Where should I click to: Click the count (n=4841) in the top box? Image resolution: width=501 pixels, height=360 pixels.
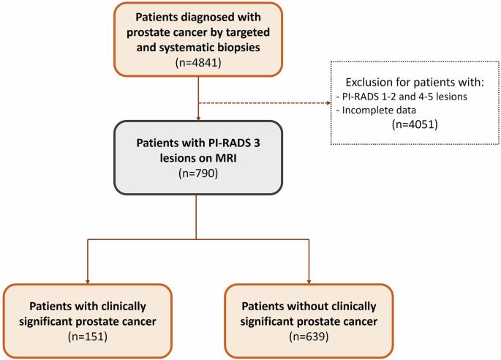[198, 62]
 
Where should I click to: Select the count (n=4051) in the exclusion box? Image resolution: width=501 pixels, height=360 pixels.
[415, 124]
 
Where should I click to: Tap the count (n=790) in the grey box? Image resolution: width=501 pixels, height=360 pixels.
[198, 173]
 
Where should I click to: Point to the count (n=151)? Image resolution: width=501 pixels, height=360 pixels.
[88, 337]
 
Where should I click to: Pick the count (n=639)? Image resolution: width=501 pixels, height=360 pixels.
[309, 337]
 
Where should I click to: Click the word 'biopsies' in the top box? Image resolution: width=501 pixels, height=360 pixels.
[238, 48]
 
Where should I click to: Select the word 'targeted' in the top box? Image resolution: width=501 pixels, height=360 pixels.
[248, 32]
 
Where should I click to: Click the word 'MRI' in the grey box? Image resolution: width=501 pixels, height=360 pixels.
[226, 158]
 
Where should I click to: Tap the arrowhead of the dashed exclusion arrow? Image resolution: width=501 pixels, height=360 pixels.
[328, 103]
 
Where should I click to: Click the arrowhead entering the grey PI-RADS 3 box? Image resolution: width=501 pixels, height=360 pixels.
[198, 119]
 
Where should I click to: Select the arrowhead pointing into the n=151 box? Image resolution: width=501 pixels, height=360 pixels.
[88, 282]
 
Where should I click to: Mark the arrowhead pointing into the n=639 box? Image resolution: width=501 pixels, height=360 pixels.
[309, 282]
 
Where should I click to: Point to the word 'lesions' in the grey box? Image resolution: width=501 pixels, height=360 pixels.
[178, 158]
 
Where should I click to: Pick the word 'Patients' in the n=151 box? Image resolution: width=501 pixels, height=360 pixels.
[50, 307]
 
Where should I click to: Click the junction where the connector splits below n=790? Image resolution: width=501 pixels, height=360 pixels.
[196, 239]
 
